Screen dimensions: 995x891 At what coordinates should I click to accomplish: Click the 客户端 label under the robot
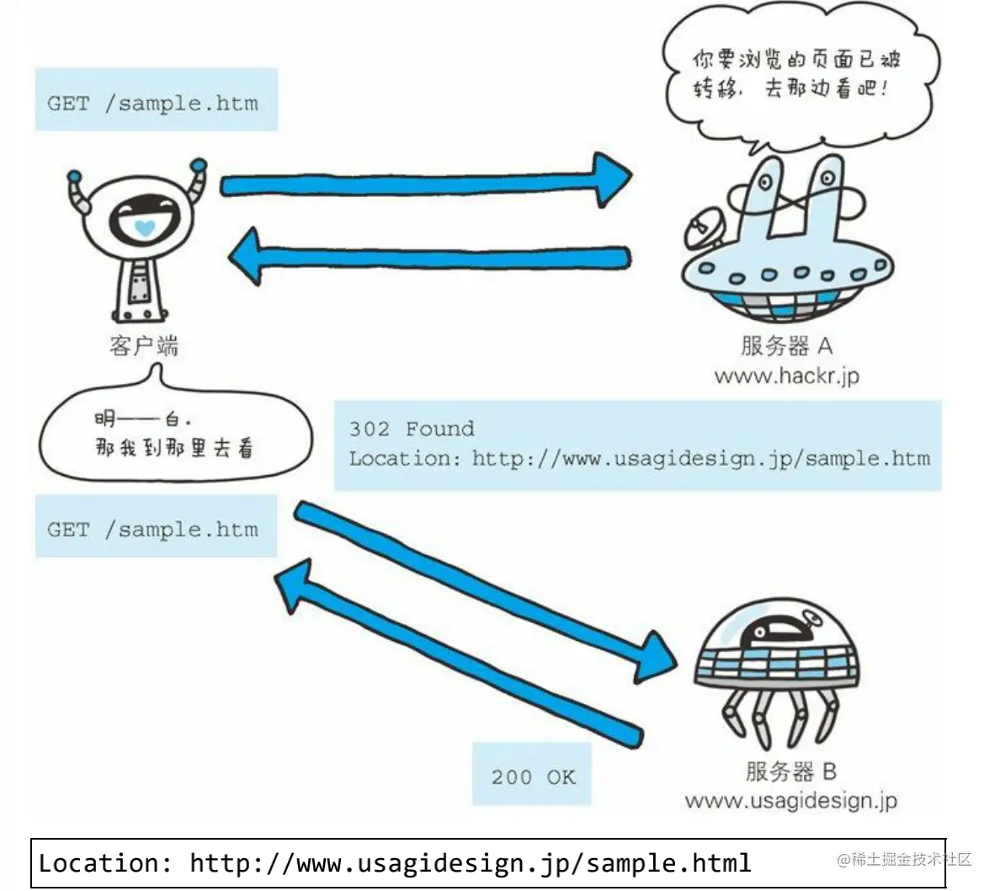tap(144, 346)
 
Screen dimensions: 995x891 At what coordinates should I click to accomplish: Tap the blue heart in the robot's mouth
tap(145, 228)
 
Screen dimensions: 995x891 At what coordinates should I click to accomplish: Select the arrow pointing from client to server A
tap(426, 182)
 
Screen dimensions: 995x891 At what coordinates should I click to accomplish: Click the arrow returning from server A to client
tap(429, 256)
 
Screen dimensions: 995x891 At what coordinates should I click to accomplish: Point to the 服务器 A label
tap(786, 346)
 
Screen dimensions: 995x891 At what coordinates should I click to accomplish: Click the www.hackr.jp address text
tap(787, 376)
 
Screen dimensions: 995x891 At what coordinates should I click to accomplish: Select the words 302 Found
tap(411, 429)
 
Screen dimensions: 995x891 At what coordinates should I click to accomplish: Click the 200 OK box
tap(532, 774)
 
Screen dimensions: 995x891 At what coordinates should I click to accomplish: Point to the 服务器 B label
tap(790, 771)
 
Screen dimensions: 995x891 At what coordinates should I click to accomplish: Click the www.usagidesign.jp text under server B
tap(790, 801)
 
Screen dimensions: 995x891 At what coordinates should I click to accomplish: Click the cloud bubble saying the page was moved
tap(801, 76)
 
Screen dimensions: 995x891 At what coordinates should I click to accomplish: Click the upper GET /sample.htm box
tap(156, 99)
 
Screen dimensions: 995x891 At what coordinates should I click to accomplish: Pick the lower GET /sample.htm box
tap(156, 526)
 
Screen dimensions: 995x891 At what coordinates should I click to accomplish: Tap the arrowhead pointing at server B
tap(656, 657)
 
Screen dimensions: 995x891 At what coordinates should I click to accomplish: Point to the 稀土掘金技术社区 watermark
tap(903, 859)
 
